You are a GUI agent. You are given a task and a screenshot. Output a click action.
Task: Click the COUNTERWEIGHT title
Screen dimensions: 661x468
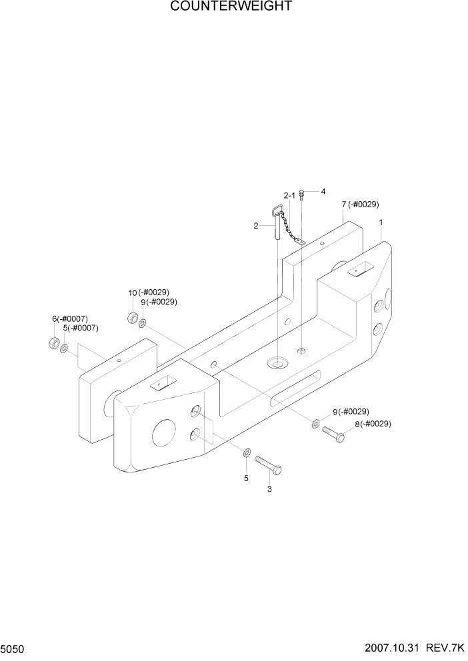(x=231, y=7)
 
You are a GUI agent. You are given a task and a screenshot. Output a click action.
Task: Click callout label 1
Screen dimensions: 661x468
(x=380, y=223)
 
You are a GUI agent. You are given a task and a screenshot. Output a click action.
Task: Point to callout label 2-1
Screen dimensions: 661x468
(x=289, y=196)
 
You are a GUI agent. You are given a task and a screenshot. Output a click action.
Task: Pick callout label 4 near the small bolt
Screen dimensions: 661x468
(x=323, y=191)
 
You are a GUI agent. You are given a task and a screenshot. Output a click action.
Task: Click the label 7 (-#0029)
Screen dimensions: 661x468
(x=360, y=204)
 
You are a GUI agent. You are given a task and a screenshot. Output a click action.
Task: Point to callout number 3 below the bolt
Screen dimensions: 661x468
(x=269, y=490)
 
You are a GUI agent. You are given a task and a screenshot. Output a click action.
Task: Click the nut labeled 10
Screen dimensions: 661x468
(x=132, y=317)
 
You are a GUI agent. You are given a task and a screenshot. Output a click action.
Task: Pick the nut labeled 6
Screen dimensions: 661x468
(x=51, y=344)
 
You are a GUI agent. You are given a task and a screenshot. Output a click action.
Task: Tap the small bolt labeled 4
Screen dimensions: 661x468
(x=302, y=195)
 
